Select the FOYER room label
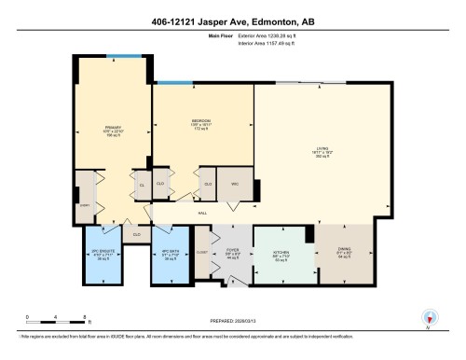[232, 251]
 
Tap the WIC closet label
[235, 183]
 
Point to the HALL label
[202, 213]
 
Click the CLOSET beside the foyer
[202, 251]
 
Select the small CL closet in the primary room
[142, 184]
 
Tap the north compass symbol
[430, 318]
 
